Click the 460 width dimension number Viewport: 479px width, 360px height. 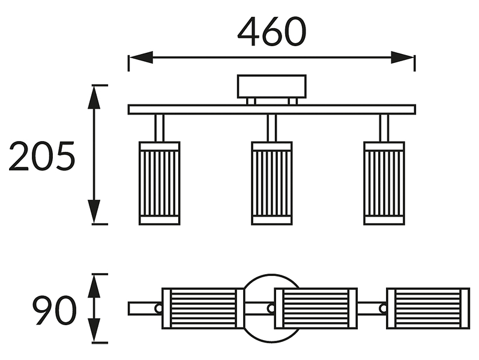(271, 31)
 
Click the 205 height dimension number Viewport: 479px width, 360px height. (42, 156)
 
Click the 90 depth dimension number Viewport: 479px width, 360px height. (55, 311)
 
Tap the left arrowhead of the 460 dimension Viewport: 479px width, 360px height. (141, 57)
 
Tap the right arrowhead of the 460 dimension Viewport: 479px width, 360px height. (403, 57)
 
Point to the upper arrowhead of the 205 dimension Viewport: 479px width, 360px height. (94, 97)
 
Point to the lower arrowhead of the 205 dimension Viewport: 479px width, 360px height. (94, 212)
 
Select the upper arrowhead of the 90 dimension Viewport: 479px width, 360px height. (94, 286)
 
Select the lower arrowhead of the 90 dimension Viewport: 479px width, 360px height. (94, 331)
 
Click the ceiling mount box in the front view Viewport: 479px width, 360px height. (271, 86)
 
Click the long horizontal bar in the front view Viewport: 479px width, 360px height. (271, 109)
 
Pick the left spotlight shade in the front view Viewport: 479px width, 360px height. (160, 183)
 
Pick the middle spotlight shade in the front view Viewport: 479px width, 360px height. (271, 183)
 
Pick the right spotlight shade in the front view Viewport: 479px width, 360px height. (384, 183)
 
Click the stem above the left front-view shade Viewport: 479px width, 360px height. (160, 128)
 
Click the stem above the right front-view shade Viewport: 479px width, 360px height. (384, 128)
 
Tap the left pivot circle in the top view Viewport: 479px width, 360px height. (158, 308)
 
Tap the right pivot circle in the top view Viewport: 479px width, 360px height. (383, 308)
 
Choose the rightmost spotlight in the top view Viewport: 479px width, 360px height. (428, 308)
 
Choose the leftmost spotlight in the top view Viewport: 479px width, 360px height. (203, 308)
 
